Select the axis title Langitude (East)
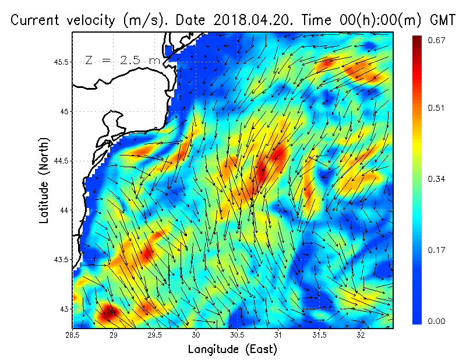(x=232, y=350)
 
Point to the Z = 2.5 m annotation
(x=122, y=60)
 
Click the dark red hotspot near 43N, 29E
(x=110, y=312)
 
